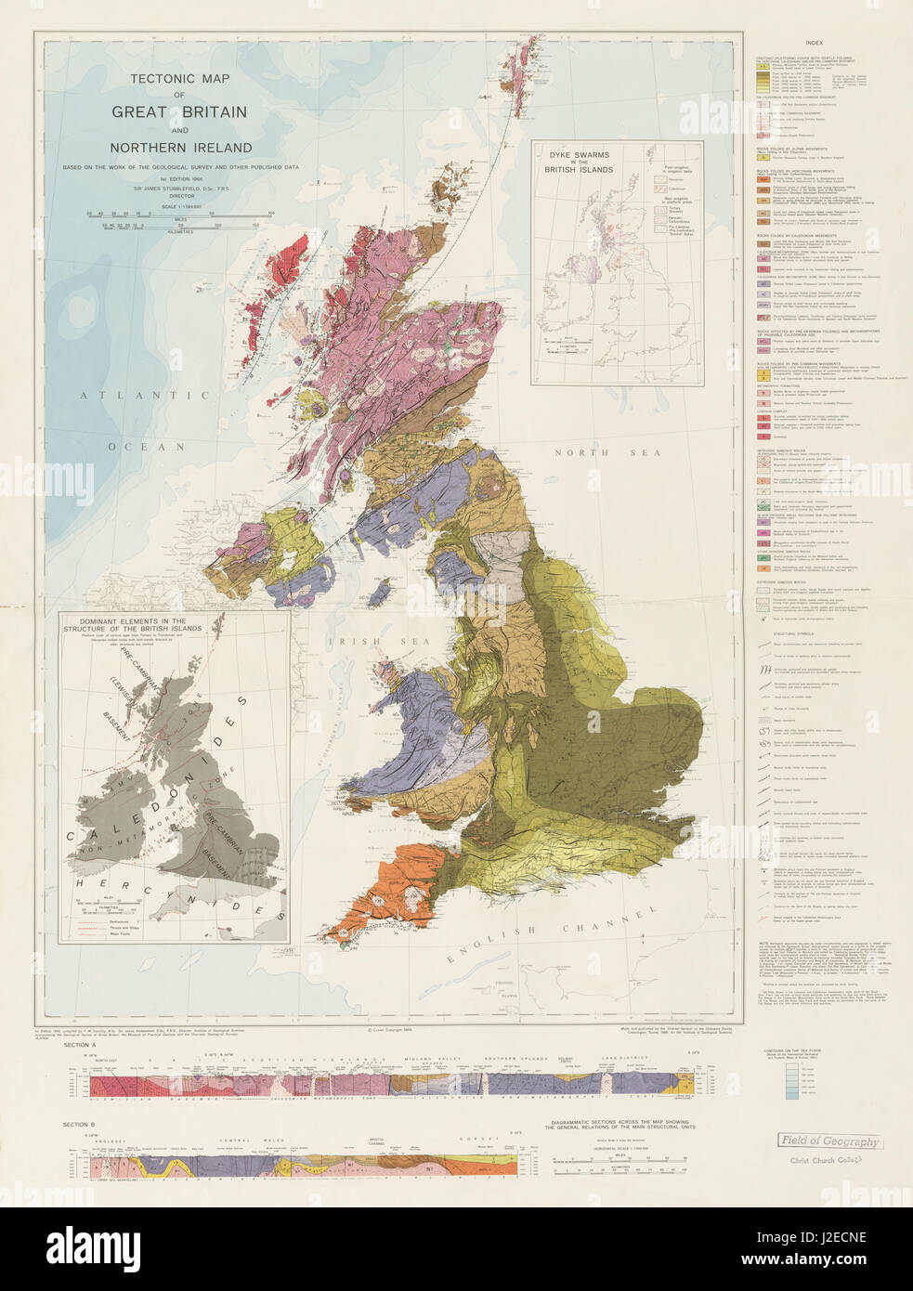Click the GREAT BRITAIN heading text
[x=179, y=111]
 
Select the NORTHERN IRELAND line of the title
[x=181, y=148]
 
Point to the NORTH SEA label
[x=607, y=453]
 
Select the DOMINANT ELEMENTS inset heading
[x=133, y=625]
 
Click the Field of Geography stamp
[x=828, y=1141]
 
